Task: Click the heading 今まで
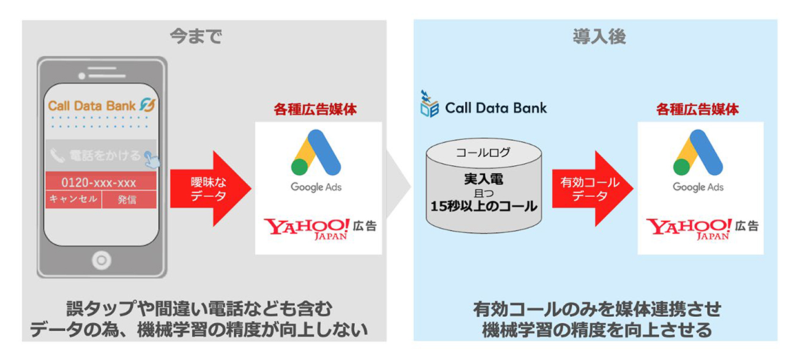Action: (x=195, y=37)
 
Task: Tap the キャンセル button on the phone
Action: (x=73, y=199)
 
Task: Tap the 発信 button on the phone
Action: (x=127, y=199)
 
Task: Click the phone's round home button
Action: (x=101, y=260)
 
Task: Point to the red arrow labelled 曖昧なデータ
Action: (x=208, y=188)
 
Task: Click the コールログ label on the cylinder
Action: (x=483, y=153)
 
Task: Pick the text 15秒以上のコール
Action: (x=483, y=206)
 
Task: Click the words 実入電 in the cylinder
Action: (x=483, y=179)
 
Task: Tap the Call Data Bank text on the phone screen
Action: (x=92, y=105)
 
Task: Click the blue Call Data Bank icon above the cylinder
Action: (x=429, y=105)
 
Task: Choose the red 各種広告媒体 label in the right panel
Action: (x=697, y=110)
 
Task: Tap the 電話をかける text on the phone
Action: (x=104, y=155)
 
